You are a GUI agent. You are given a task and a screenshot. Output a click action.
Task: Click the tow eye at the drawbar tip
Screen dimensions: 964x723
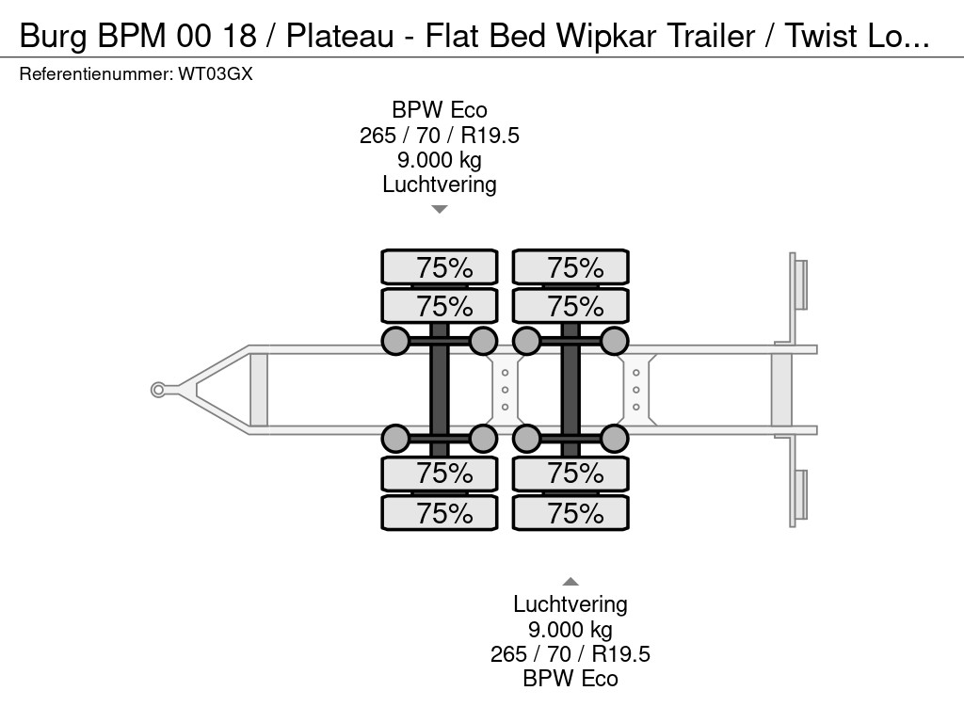158,390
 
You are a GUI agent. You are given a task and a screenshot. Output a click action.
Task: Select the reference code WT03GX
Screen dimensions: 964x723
216,74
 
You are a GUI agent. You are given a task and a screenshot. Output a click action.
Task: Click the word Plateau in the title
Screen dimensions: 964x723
340,36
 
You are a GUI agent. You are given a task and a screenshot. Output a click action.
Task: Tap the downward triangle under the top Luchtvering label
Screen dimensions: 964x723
439,210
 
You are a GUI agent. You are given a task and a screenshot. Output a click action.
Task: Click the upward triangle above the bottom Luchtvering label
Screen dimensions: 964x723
570,582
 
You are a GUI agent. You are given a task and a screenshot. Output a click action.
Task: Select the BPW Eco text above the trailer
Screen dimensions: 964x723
440,110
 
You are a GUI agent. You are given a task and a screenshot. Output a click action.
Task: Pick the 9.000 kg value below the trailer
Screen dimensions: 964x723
570,630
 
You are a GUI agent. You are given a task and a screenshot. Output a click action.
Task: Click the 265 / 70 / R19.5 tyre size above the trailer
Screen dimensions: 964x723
440,136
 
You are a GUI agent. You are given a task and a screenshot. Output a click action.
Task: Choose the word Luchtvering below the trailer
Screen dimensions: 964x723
570,604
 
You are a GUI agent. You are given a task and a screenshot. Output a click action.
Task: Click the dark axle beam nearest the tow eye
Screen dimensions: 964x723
440,390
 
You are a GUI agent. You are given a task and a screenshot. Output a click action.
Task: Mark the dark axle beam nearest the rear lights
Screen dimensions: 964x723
570,390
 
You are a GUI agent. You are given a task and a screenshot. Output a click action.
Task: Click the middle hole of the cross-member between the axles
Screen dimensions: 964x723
505,390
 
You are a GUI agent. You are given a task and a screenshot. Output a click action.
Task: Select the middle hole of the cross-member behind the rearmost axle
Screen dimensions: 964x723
635,390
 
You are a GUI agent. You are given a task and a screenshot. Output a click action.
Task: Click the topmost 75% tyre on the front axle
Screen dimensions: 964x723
440,267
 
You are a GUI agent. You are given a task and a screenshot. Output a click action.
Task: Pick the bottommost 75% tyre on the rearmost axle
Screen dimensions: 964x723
570,513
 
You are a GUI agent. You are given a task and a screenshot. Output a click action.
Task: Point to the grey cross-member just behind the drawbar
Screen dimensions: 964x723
259,390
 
